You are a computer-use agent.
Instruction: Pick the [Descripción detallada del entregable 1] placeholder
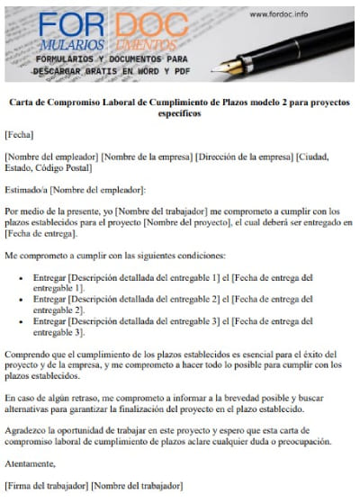click(x=136, y=279)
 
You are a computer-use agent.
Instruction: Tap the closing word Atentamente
click(x=30, y=463)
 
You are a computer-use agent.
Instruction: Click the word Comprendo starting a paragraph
click(x=29, y=355)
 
